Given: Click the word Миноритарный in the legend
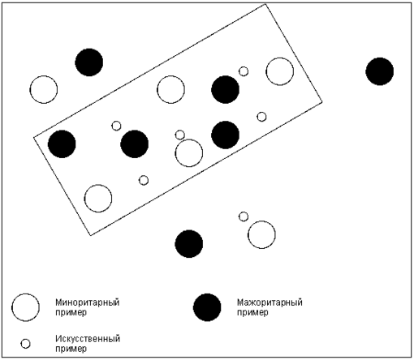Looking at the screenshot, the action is coord(88,302).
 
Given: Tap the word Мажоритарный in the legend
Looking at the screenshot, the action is coord(270,302).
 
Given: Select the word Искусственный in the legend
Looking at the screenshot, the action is coord(88,339).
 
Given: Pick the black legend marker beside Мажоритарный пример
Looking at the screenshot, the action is coord(207,307).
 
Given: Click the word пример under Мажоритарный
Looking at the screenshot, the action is coord(252,313).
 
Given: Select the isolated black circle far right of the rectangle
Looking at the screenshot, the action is coord(379,71).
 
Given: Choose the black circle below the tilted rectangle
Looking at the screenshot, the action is coord(189,244).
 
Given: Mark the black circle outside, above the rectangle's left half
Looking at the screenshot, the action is coord(89,62).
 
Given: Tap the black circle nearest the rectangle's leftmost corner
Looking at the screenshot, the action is coord(62,144).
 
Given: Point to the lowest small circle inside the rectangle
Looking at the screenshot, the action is coord(144,180).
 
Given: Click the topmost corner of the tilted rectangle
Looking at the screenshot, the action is coord(265,4).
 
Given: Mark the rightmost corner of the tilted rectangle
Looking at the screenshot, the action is coord(322,101).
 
